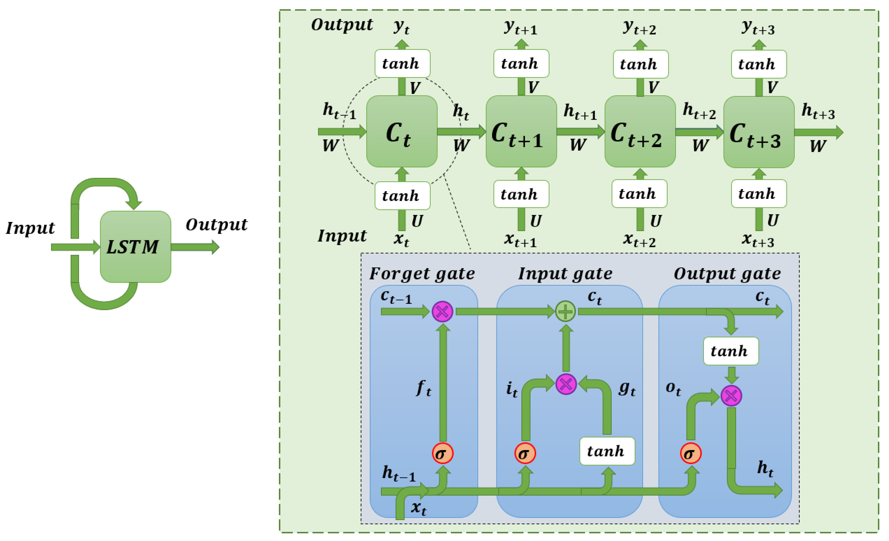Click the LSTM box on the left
coord(135,247)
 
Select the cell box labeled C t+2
coord(640,132)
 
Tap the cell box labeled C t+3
coord(759,132)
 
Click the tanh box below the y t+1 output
coord(521,64)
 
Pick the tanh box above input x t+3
coord(759,194)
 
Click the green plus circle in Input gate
coord(565,311)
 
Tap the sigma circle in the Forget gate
coord(443,453)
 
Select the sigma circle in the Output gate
coord(691,453)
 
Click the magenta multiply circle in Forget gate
coord(443,311)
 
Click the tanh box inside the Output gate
coord(731,351)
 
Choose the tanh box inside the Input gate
coord(607,451)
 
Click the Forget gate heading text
coord(422,273)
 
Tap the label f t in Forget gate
coord(424,388)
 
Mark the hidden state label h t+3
coord(818,111)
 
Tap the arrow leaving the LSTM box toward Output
coord(195,247)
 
